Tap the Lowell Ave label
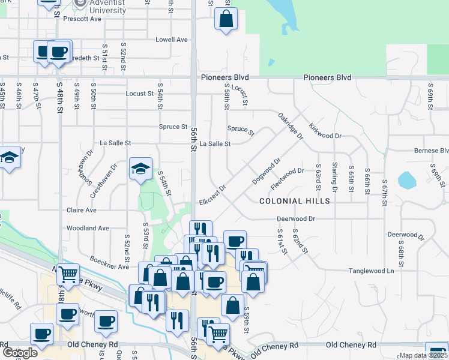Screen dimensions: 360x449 tap(172, 40)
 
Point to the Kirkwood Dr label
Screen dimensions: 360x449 tap(325, 132)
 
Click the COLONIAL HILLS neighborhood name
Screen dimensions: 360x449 tap(295, 201)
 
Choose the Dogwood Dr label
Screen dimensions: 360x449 tap(267, 171)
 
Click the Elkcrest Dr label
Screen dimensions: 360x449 tap(212, 196)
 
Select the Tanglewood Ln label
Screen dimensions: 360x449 tap(372, 271)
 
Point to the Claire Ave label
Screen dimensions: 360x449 tap(82, 211)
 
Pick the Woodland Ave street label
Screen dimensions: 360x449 tap(88, 228)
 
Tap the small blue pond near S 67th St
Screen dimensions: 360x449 tap(406, 179)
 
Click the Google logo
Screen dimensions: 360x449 tap(19, 353)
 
